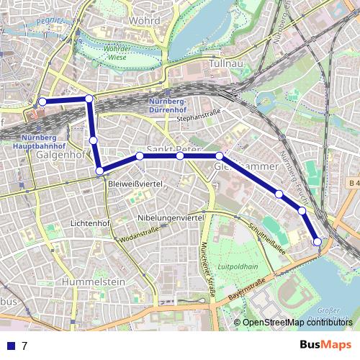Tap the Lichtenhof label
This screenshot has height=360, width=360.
[x=89, y=224]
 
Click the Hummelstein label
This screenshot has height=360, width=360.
[x=90, y=282]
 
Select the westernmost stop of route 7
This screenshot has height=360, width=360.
[x=42, y=102]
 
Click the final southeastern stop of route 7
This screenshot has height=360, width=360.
[x=316, y=241]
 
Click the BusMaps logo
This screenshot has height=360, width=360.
[x=325, y=344]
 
